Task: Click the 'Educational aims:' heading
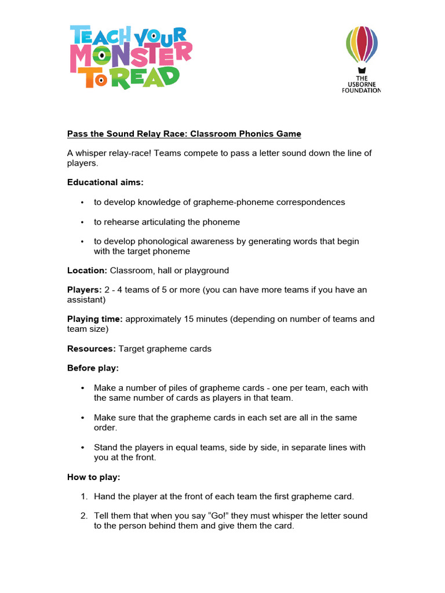tap(105, 182)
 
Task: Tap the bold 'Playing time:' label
tap(95, 319)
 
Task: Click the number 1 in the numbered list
tap(83, 496)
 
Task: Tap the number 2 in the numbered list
tap(83, 516)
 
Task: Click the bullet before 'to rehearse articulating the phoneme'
tap(83, 222)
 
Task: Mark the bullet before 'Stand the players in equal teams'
tap(83, 448)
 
